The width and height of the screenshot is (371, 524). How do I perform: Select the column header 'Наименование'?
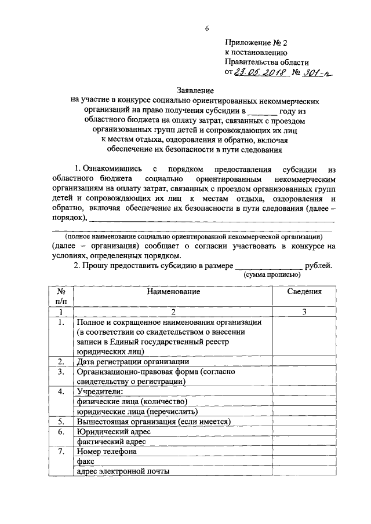[173, 291]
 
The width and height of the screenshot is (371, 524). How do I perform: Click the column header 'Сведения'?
[304, 291]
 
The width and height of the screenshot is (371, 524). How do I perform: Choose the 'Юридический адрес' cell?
[113, 431]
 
